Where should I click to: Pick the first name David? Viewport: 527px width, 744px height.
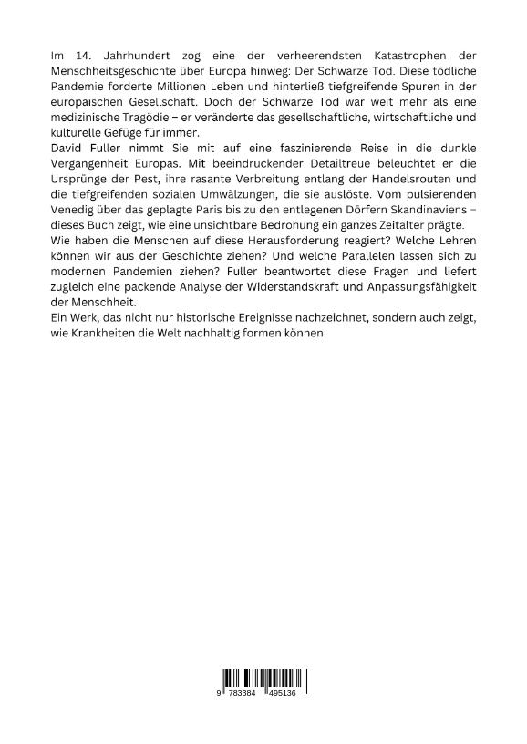(67, 148)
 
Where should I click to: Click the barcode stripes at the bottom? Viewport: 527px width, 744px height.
(263, 679)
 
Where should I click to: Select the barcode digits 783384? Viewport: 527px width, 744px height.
(243, 694)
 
